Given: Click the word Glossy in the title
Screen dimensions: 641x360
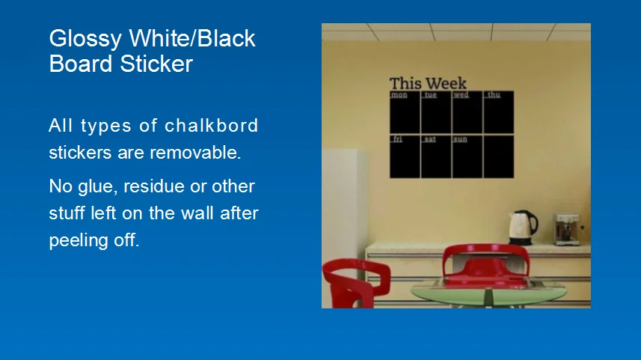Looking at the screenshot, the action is pyautogui.click(x=85, y=39).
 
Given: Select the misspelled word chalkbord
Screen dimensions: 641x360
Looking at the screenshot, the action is pyautogui.click(x=212, y=125).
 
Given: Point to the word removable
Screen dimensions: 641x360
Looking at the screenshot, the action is pyautogui.click(x=195, y=152).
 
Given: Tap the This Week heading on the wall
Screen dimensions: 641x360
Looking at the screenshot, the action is pyautogui.click(x=428, y=84).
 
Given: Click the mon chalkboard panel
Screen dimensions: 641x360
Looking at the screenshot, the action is pyautogui.click(x=405, y=112).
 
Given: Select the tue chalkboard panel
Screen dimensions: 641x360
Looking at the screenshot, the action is pyautogui.click(x=436, y=112).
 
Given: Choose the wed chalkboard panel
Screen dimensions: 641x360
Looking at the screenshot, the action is pyautogui.click(x=467, y=112).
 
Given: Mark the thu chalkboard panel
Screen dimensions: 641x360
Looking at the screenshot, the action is pyautogui.click(x=499, y=112).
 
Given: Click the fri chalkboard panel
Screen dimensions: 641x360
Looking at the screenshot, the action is pyautogui.click(x=405, y=156).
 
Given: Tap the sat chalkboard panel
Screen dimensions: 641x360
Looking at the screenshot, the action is pyautogui.click(x=436, y=156).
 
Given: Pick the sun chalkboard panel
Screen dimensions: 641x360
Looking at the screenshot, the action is pyautogui.click(x=467, y=156).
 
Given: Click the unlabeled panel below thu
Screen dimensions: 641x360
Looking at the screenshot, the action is pyautogui.click(x=499, y=156).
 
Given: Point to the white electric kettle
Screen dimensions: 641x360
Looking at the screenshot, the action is pyautogui.click(x=522, y=228).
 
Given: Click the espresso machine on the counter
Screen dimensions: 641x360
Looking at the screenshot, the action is pyautogui.click(x=568, y=229).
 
